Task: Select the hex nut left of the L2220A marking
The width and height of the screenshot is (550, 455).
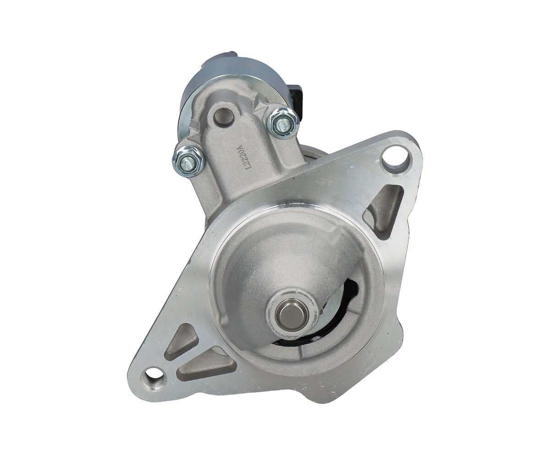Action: (x=188, y=160)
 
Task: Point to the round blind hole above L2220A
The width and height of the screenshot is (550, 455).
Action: (x=224, y=117)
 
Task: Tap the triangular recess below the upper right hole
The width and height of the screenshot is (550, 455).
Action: (x=384, y=208)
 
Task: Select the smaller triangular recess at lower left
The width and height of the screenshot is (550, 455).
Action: (x=181, y=341)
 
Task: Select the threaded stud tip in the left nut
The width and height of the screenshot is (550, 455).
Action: (x=187, y=161)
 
